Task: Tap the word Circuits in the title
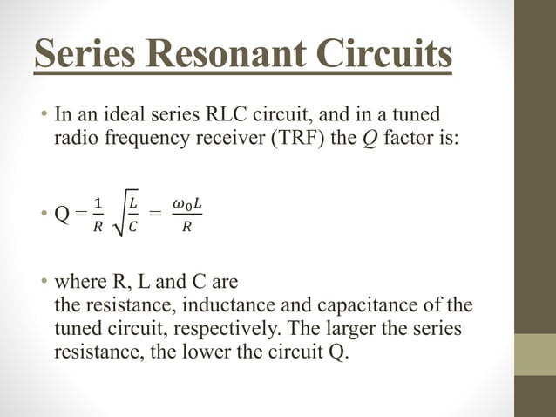(385, 54)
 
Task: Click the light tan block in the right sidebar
(535, 355)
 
